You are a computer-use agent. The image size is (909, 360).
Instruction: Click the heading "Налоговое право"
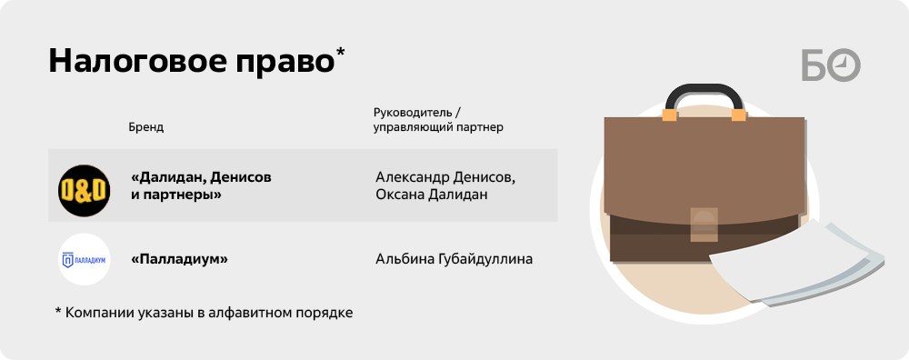[192, 62]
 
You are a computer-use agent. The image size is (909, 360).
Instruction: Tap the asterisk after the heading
[340, 52]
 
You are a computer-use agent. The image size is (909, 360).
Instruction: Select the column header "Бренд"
[146, 127]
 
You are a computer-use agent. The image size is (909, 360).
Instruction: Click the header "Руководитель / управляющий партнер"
[438, 119]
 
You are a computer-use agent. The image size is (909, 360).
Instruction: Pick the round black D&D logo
[84, 191]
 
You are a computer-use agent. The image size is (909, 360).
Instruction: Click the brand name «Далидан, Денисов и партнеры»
[201, 185]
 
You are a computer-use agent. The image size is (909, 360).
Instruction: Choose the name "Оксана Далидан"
[431, 195]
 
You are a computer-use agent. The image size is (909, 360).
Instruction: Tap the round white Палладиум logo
[85, 259]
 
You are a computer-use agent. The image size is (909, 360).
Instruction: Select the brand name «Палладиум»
[179, 259]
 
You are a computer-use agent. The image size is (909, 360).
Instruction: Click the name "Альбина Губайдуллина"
[454, 260]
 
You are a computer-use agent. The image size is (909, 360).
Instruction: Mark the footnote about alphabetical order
[204, 312]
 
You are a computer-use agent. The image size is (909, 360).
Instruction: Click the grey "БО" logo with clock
[831, 65]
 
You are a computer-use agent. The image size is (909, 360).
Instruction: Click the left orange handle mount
[670, 115]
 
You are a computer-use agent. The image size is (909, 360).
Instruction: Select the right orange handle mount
[738, 115]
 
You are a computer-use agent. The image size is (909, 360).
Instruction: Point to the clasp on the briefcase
[704, 225]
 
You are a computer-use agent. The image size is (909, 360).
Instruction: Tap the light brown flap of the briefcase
[704, 172]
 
